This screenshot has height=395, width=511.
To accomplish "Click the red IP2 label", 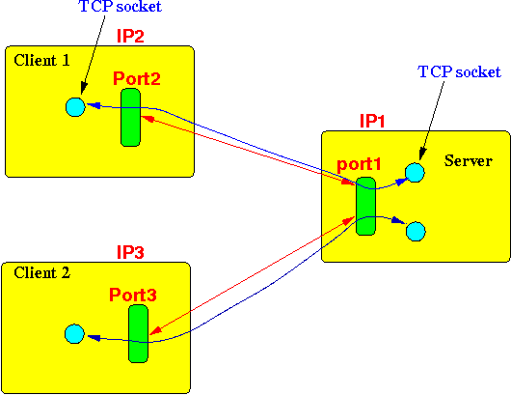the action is click(x=130, y=37).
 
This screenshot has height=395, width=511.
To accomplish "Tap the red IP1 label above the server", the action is click(x=372, y=121).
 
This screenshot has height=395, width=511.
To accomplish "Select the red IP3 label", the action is click(x=130, y=252).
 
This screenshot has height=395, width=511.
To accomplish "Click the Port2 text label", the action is click(x=137, y=78).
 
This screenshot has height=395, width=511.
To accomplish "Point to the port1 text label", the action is click(x=359, y=164).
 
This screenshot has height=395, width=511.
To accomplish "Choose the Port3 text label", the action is click(x=133, y=295).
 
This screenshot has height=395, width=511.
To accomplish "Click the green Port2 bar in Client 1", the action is click(x=130, y=117).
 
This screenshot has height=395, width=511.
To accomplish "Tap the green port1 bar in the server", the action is click(x=365, y=207).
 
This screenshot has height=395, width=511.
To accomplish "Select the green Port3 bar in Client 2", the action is click(x=138, y=333).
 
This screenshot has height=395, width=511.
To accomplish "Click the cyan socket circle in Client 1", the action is click(x=75, y=107).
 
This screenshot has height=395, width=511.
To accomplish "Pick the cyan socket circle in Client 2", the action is click(x=74, y=333).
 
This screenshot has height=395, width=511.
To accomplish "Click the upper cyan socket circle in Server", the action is click(x=415, y=172).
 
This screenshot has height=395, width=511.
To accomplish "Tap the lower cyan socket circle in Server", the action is click(x=416, y=232).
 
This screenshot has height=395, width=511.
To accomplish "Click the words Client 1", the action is click(x=41, y=61).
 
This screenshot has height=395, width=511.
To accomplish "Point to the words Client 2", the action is click(x=41, y=273).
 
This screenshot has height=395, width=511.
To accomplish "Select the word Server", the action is click(x=469, y=161).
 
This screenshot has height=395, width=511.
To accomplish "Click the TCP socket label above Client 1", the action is click(x=121, y=7).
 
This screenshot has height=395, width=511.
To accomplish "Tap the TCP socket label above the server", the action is click(x=459, y=71).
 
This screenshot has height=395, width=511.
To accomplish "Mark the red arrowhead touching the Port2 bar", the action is click(x=147, y=119).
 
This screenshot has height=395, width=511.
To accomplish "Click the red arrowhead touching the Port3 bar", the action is click(x=155, y=329).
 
